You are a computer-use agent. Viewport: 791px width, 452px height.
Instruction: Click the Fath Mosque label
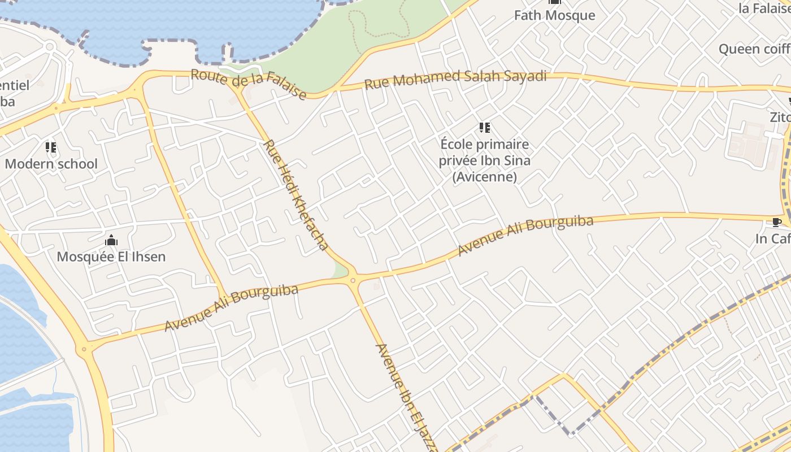[554, 15]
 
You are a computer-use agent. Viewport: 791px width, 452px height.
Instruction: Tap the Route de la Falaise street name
[249, 84]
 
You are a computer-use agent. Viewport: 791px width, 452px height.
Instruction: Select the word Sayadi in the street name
[525, 76]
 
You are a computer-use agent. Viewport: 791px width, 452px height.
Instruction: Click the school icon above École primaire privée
[484, 128]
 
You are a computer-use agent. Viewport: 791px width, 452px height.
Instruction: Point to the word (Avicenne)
[484, 177]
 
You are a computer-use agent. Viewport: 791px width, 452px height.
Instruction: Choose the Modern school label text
[51, 164]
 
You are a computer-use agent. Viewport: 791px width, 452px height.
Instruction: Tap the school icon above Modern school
[51, 147]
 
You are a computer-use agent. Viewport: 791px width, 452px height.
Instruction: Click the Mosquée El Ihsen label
[111, 257]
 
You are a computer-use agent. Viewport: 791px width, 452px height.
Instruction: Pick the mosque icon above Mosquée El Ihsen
[111, 241]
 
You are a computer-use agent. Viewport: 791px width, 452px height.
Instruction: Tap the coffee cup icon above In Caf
[776, 222]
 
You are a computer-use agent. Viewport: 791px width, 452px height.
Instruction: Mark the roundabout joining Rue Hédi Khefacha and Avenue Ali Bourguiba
[353, 280]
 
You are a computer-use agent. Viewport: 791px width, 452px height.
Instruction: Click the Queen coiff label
[754, 49]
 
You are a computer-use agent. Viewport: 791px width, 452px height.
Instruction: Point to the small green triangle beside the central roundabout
[340, 271]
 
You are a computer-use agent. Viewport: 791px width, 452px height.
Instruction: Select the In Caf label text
[772, 238]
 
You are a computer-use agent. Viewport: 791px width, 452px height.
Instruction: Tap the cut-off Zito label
[780, 117]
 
